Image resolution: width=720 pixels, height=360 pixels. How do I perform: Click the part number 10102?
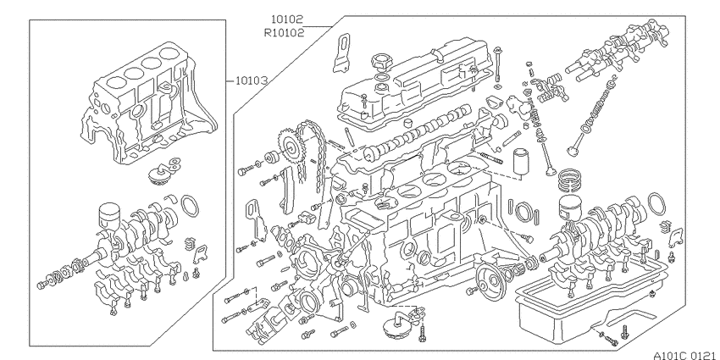(x=287, y=19)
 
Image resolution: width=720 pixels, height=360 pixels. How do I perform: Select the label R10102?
(x=284, y=33)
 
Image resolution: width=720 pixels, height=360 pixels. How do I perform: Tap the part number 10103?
(x=252, y=81)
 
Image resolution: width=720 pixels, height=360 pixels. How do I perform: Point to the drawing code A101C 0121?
(x=684, y=355)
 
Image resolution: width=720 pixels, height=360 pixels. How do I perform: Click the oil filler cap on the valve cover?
(x=379, y=60)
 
